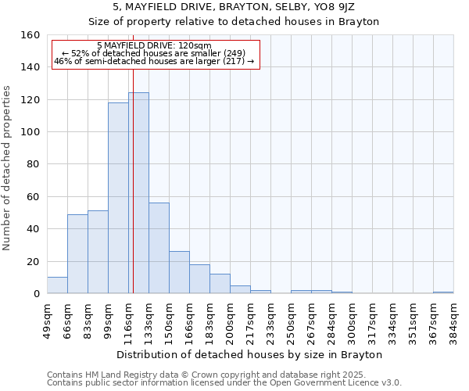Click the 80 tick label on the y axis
click(x=34, y=165)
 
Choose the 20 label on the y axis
click(x=34, y=262)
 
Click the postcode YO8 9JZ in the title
click(x=336, y=7)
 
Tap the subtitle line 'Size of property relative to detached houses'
click(x=234, y=22)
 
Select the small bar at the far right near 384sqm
click(x=443, y=292)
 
